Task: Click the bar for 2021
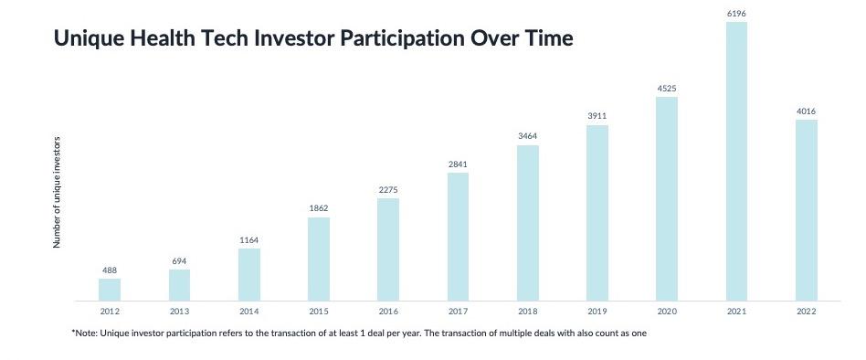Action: click(x=736, y=161)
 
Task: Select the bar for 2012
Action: click(x=110, y=290)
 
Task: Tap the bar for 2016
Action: click(x=388, y=249)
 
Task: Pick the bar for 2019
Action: click(x=597, y=213)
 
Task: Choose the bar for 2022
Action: click(x=807, y=210)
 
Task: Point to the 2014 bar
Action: click(x=249, y=274)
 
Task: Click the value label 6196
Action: click(x=737, y=14)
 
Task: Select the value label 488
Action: click(x=110, y=270)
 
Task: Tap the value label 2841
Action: click(x=458, y=164)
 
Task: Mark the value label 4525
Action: click(x=667, y=89)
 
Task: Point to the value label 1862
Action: click(x=319, y=208)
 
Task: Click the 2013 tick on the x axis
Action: click(x=179, y=312)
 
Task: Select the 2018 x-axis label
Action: click(x=527, y=312)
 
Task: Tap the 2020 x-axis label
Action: click(x=667, y=312)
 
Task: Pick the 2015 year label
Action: click(x=319, y=312)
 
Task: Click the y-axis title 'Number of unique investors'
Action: click(x=57, y=192)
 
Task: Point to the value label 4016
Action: click(x=807, y=111)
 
